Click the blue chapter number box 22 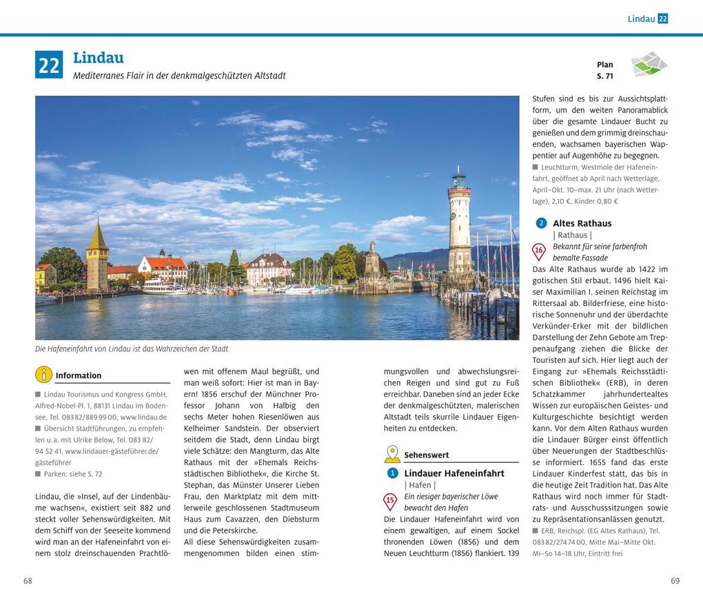[x=49, y=65]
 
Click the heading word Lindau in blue [x=99, y=58]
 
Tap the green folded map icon [x=649, y=64]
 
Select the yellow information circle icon [x=43, y=375]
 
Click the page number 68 [x=28, y=581]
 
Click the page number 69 [x=675, y=581]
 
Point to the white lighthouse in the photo [x=459, y=227]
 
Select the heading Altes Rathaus [x=582, y=223]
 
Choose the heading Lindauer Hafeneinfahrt [x=454, y=473]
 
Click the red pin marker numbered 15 [x=390, y=501]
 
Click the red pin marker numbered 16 [x=539, y=251]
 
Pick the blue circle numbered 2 [x=541, y=223]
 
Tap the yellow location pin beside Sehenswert [x=392, y=454]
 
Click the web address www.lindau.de [x=143, y=417]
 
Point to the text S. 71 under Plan [x=604, y=76]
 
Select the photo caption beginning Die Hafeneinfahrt [x=132, y=349]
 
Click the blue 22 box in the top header [x=663, y=19]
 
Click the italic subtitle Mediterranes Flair [x=179, y=76]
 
